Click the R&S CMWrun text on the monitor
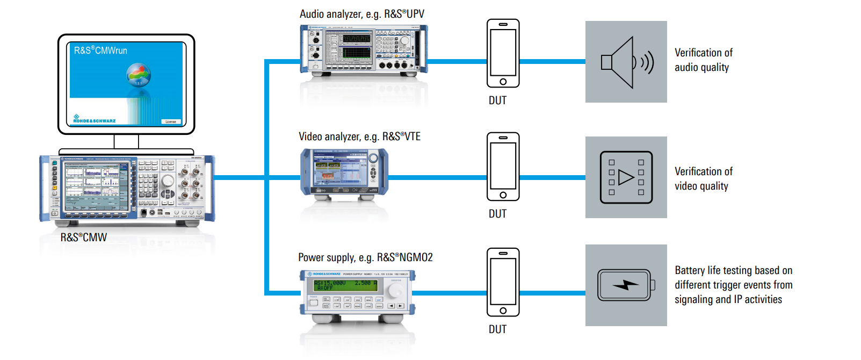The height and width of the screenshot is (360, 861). (100, 51)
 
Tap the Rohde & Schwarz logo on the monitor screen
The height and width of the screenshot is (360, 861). (95, 119)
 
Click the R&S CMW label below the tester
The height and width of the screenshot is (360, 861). (83, 237)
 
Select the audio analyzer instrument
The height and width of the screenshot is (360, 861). (364, 49)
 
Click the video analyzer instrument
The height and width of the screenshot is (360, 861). (344, 172)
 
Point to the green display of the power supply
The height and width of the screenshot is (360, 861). (345, 285)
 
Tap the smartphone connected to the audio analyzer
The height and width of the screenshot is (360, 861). (503, 53)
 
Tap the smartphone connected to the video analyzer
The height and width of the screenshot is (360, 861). (503, 167)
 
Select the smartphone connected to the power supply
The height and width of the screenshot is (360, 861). (503, 282)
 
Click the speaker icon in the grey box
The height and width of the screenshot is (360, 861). (626, 62)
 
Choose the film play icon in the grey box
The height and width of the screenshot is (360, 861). (626, 177)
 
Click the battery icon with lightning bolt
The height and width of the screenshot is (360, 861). (626, 285)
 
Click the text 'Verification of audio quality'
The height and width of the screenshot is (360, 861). (703, 60)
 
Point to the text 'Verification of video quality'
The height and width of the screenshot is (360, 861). (703, 179)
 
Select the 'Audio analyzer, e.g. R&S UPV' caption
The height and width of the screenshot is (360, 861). (361, 14)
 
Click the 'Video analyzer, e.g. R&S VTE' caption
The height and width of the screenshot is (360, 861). (359, 136)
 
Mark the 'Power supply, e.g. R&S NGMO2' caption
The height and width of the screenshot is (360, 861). (365, 257)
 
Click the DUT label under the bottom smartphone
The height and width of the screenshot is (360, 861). (497, 329)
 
